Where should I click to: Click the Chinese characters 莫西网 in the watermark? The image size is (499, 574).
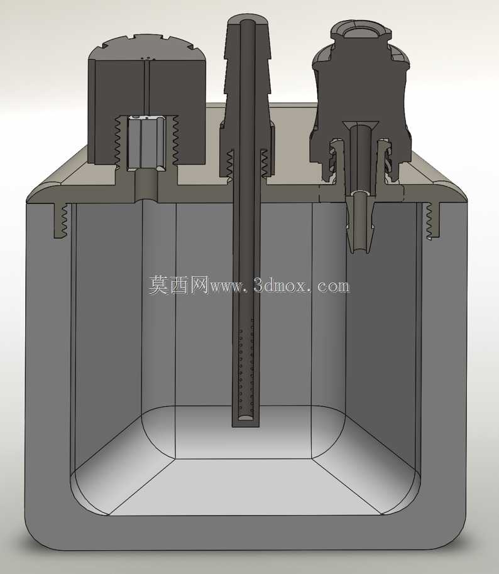click(x=178, y=285)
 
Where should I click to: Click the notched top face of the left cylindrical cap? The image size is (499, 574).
click(x=146, y=49)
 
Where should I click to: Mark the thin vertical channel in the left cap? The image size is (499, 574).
click(x=147, y=88)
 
